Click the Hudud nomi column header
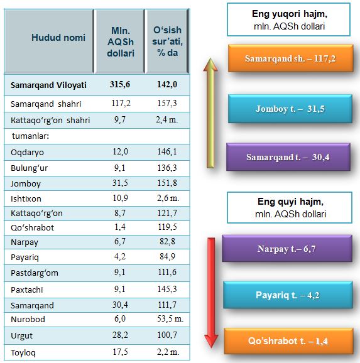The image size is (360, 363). [58, 38]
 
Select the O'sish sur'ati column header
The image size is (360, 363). [167, 41]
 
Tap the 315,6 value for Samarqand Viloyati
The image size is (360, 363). [120, 85]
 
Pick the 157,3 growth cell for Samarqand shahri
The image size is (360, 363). [166, 103]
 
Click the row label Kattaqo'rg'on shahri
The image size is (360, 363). [50, 121]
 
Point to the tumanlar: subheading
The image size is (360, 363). [31, 136]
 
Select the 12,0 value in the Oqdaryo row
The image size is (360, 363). [120, 151]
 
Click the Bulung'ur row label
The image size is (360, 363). [29, 168]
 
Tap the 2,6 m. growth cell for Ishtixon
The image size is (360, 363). [168, 198]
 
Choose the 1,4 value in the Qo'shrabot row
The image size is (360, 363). [120, 227]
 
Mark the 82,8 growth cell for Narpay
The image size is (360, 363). [167, 242]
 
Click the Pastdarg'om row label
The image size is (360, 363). [35, 273]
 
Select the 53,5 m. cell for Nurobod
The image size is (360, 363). [170, 319]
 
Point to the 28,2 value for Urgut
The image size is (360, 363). [120, 335]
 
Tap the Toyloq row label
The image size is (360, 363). [23, 353]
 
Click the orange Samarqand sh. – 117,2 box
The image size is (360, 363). [290, 58]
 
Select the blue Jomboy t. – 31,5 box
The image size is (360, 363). [290, 109]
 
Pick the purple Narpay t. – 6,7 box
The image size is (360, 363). [287, 249]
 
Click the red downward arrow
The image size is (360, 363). [211, 293]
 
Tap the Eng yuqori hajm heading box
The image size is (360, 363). [288, 19]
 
